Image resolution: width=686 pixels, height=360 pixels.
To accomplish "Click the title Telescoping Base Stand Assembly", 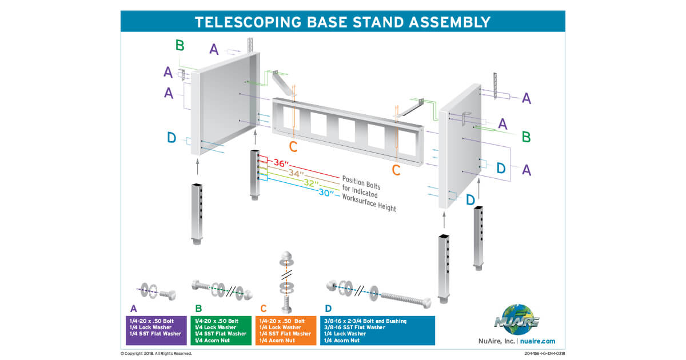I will (x=342, y=22).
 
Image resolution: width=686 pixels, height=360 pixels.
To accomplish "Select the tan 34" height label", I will (x=297, y=173).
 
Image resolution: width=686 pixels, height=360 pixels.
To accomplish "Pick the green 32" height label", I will (x=310, y=183).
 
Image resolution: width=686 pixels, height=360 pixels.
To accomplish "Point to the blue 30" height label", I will (x=326, y=193).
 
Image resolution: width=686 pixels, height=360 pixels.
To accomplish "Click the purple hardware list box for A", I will (x=156, y=330).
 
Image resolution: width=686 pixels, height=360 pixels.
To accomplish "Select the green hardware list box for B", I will (x=221, y=330).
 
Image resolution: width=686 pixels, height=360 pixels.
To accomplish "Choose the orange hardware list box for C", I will (x=286, y=330).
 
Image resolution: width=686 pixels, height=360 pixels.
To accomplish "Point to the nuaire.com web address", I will (x=538, y=341).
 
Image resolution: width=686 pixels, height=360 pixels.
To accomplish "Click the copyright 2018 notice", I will (x=156, y=354).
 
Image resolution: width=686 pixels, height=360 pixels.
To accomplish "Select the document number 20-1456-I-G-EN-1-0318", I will (x=540, y=354).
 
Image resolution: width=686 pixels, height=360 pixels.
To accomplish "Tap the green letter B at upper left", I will (x=180, y=45).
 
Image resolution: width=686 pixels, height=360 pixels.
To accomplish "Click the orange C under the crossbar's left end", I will (x=293, y=147).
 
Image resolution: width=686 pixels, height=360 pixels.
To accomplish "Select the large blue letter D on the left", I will (x=171, y=137).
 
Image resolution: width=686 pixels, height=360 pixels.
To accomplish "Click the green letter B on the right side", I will (x=527, y=137).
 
